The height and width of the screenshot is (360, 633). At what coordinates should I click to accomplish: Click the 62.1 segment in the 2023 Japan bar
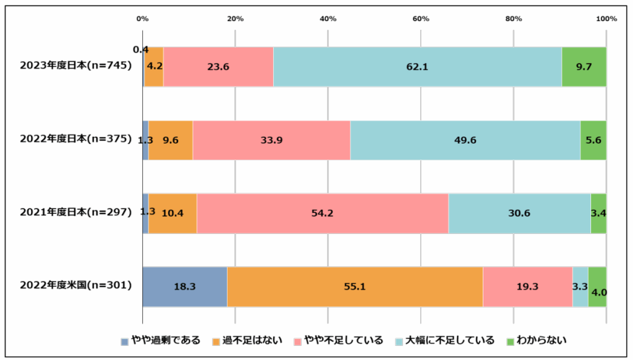pyautogui.click(x=417, y=66)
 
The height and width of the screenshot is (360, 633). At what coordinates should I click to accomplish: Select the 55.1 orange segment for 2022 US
pyautogui.click(x=354, y=286)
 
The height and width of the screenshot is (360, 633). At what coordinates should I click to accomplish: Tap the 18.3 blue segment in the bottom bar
pyautogui.click(x=184, y=286)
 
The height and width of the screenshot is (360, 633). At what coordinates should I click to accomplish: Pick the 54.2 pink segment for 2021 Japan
pyautogui.click(x=322, y=213)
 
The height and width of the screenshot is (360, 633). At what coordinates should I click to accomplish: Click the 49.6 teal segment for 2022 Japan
pyautogui.click(x=465, y=140)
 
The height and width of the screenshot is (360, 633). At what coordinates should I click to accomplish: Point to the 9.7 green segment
pyautogui.click(x=584, y=66)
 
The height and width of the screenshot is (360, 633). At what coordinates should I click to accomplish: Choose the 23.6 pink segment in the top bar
pyautogui.click(x=218, y=66)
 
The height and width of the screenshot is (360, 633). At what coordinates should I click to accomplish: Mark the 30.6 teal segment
pyautogui.click(x=519, y=213)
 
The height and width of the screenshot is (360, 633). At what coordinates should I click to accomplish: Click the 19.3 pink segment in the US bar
pyautogui.click(x=527, y=286)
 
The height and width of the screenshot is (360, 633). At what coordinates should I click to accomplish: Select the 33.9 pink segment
pyautogui.click(x=271, y=140)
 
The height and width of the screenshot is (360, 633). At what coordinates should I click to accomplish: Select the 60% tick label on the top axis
pyautogui.click(x=421, y=19)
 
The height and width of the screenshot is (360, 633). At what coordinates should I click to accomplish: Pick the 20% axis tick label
pyautogui.click(x=235, y=19)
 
